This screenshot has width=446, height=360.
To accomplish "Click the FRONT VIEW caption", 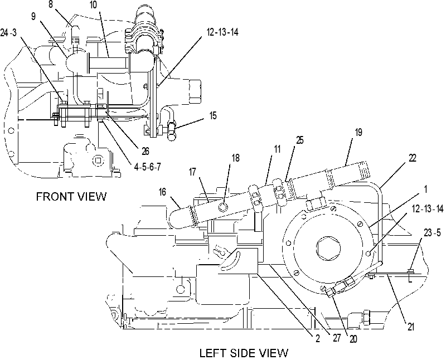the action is click(x=71, y=197).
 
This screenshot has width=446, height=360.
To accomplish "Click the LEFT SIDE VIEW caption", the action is click(x=244, y=353).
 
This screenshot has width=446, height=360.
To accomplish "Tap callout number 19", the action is click(x=358, y=132).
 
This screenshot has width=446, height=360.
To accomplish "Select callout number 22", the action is click(x=412, y=158).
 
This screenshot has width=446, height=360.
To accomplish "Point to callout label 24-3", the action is click(x=8, y=33).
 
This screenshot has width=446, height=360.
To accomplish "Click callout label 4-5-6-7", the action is click(x=147, y=167).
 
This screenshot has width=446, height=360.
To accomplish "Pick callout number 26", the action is click(x=146, y=151).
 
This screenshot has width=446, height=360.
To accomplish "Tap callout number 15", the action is click(x=213, y=116).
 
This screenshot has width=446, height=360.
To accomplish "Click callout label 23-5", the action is click(x=432, y=233).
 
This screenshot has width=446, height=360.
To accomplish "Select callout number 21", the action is click(x=411, y=327).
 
